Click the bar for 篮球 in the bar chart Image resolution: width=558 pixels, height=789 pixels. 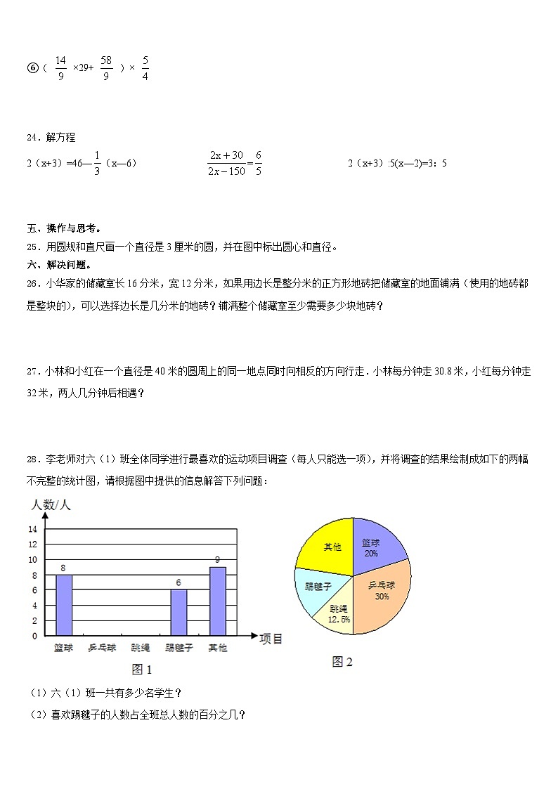coord(63,605)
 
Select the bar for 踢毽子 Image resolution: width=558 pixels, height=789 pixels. coord(179,613)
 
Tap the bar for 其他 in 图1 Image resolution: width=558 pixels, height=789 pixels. coord(218,601)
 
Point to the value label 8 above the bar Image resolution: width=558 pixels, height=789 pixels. coord(63,568)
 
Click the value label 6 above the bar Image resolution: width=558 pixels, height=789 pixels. coord(179,582)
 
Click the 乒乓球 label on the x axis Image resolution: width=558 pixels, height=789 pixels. coord(102,648)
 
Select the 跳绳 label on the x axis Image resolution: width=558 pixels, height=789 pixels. coord(141,648)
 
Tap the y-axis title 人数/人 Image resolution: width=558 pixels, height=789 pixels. coord(51,505)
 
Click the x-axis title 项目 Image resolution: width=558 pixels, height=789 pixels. coord(271,639)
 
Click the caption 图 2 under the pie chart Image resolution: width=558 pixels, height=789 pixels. coord(342,662)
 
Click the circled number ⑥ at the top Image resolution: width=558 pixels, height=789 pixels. coord(32,68)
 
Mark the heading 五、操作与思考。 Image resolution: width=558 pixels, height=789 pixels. coord(64,228)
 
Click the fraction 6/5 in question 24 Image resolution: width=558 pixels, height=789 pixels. coord(258,163)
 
